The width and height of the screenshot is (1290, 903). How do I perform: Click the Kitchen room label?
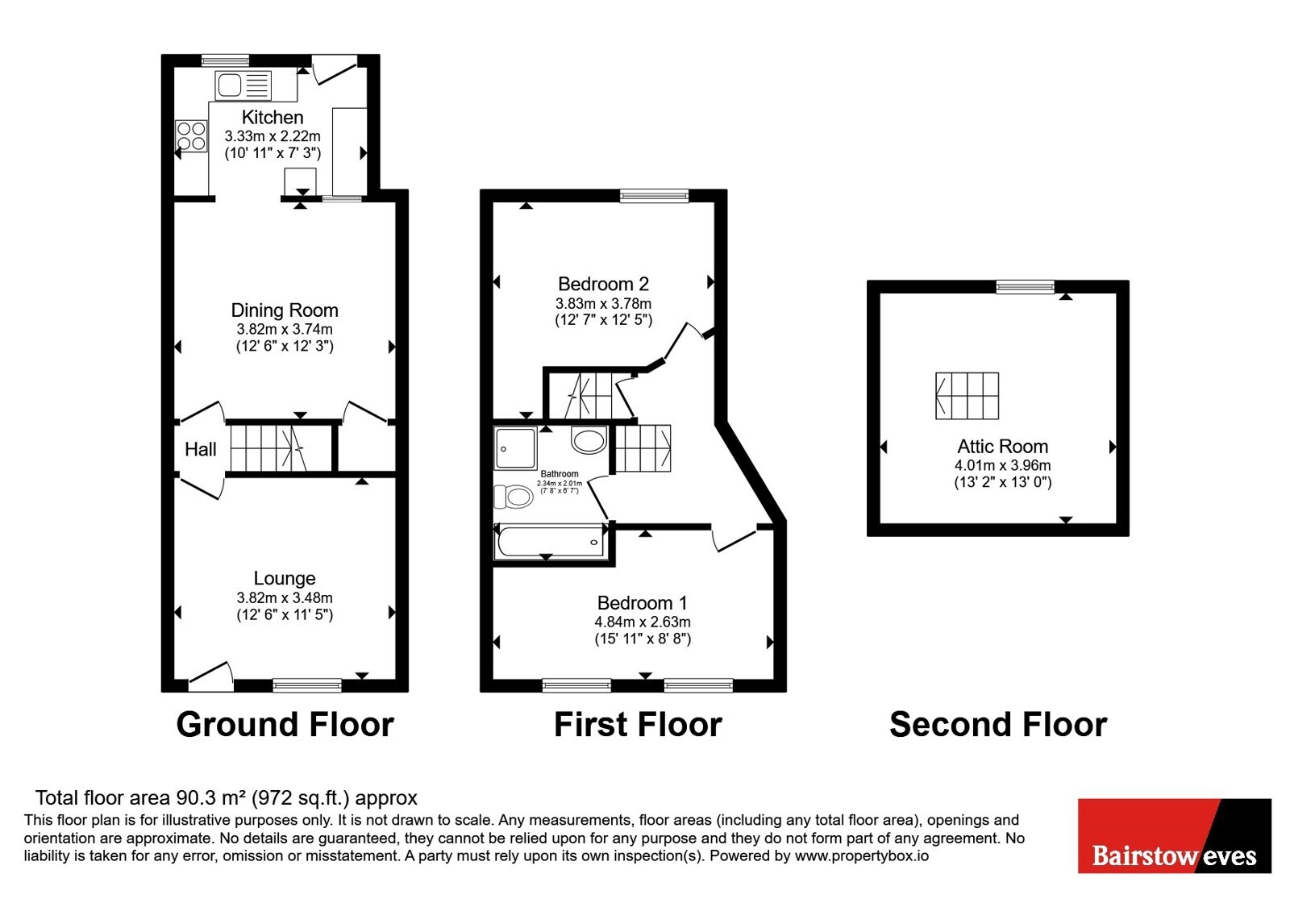(273, 117)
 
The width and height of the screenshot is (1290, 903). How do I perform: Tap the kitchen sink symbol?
(243, 85)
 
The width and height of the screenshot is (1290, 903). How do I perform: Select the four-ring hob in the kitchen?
(191, 136)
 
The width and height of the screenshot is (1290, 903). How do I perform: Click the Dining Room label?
(285, 310)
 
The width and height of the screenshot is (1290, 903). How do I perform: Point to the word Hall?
(201, 449)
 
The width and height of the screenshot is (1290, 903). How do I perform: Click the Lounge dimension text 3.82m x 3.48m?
(285, 598)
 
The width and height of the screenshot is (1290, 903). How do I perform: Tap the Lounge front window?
(307, 685)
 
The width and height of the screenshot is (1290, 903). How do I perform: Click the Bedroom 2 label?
(604, 284)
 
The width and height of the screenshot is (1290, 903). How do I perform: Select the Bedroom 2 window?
(654, 197)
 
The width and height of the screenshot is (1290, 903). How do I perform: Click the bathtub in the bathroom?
(551, 541)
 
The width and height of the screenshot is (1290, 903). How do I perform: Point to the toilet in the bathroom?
(513, 497)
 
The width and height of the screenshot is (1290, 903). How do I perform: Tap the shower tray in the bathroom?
(515, 448)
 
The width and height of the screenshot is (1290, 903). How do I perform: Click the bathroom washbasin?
(589, 440)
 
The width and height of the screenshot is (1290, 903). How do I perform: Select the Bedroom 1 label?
(642, 603)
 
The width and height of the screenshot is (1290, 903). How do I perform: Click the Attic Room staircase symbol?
(967, 396)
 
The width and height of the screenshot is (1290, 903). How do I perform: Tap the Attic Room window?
(1026, 287)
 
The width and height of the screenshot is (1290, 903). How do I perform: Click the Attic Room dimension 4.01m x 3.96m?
(1003, 465)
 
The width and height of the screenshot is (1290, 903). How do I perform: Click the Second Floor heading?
(998, 725)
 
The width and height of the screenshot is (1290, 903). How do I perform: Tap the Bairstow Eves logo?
(1174, 835)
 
